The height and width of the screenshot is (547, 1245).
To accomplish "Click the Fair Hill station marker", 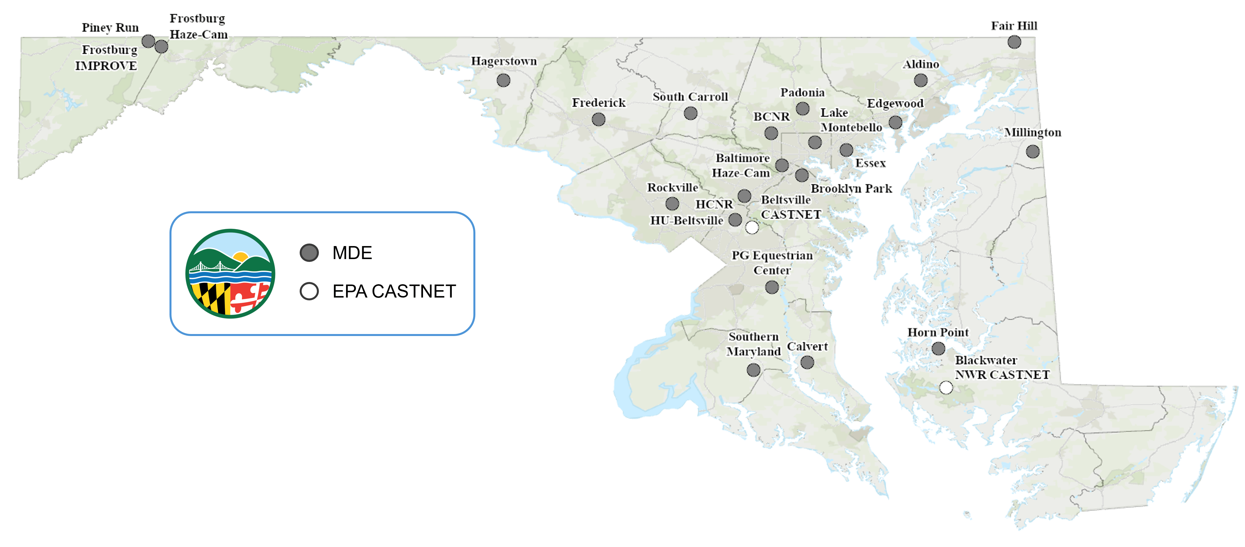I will point(1014,42).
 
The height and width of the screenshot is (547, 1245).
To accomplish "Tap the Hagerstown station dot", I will point(503,80).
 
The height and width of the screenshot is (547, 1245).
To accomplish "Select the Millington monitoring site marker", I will point(1032,152).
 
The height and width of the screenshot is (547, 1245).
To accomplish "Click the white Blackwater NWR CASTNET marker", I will point(946,387).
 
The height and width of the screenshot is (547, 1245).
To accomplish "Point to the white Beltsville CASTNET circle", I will point(752,227).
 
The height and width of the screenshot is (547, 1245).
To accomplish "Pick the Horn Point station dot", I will point(938,348).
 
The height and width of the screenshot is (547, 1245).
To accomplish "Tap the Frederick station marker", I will point(598,119).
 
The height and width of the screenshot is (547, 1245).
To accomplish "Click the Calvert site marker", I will point(807,362).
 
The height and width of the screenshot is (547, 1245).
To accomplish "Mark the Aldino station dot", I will point(920,80).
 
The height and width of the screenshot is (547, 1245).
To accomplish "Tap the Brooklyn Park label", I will point(851,188).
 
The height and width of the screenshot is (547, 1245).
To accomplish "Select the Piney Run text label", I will point(110,27).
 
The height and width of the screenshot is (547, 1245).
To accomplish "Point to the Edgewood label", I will point(895,104).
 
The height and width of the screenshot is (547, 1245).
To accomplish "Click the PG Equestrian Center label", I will point(772,262).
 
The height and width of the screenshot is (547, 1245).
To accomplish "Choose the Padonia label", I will point(802,92).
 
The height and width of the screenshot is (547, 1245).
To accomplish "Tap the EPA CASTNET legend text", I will point(394,291).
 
